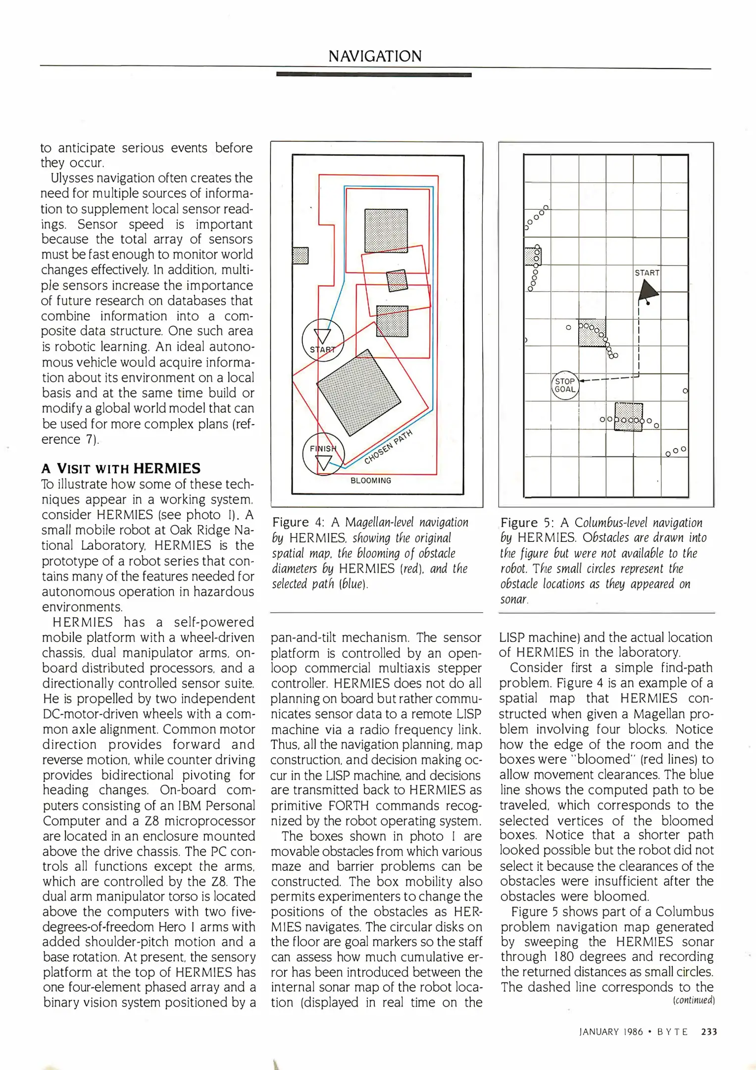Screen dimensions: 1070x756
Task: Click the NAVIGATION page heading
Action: click(x=375, y=56)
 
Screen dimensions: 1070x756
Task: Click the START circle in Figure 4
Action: click(x=323, y=340)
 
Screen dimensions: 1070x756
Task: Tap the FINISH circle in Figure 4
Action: click(x=323, y=454)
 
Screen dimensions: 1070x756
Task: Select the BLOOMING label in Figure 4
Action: click(x=371, y=481)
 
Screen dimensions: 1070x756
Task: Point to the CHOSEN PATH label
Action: click(x=389, y=447)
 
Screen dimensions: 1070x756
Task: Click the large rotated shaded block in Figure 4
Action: click(x=359, y=393)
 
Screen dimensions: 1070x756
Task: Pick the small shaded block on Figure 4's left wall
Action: click(x=300, y=256)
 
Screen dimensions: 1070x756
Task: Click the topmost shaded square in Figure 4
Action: click(x=386, y=231)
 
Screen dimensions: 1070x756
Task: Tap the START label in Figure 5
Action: click(x=647, y=273)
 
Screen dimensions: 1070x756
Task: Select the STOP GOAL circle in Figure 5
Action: click(x=565, y=385)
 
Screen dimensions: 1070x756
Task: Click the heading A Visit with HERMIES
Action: click(x=121, y=469)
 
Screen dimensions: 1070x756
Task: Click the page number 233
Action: click(x=709, y=1032)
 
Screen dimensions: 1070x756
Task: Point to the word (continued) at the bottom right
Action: click(x=694, y=1000)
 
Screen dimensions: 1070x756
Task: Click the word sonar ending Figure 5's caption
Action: click(x=514, y=599)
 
